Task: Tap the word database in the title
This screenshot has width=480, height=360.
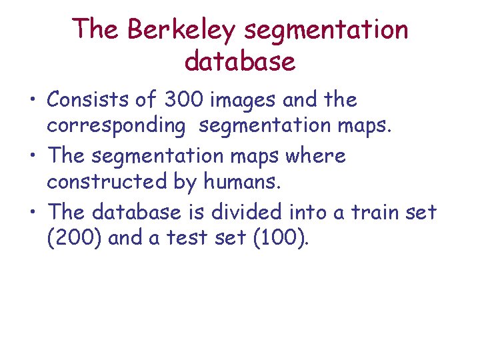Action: tap(240, 61)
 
